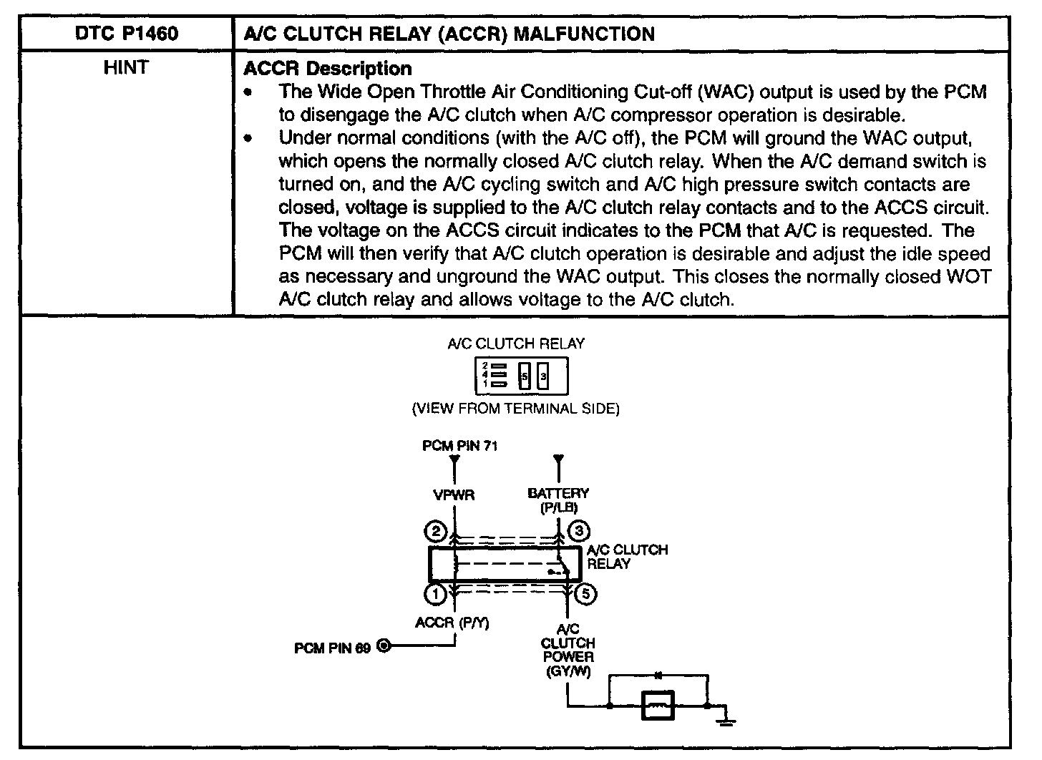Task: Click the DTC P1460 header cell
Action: [x=126, y=34]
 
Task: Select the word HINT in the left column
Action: [x=126, y=68]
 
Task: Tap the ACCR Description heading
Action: [x=328, y=69]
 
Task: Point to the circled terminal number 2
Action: [x=435, y=532]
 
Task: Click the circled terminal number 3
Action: [x=578, y=531]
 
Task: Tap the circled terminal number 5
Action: [x=586, y=594]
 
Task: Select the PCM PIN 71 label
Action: [x=459, y=446]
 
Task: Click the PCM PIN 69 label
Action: [x=333, y=648]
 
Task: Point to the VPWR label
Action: [x=454, y=495]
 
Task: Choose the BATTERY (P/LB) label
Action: [x=558, y=500]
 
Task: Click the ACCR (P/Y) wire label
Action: [x=452, y=623]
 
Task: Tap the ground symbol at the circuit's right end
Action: [x=727, y=718]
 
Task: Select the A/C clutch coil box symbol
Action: [x=658, y=707]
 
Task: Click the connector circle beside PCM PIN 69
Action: [x=384, y=647]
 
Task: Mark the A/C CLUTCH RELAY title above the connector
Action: [x=515, y=344]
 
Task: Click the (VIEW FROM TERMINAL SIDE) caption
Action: [x=515, y=409]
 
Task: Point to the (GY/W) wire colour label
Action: [x=568, y=672]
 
